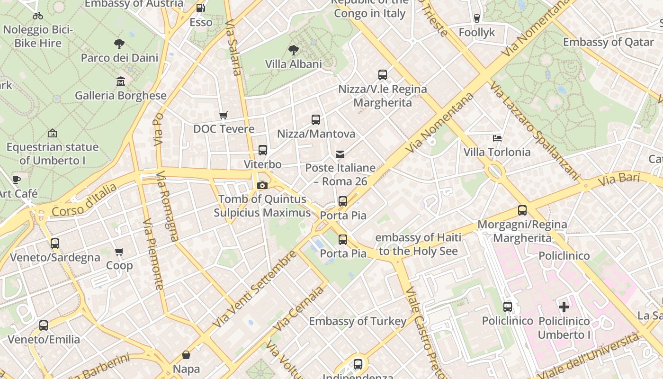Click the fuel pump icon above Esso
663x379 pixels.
pos(200,8)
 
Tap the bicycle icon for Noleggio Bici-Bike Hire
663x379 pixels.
pos(38,16)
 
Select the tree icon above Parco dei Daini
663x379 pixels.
pos(119,44)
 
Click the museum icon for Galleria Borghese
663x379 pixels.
pos(121,81)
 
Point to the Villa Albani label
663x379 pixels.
pos(293,64)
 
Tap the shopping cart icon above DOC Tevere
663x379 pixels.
pos(224,115)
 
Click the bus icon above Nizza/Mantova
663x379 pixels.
pos(316,120)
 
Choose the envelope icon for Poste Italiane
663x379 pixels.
pos(340,154)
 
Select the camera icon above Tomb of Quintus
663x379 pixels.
pos(262,185)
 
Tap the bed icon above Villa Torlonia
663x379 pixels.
pos(497,138)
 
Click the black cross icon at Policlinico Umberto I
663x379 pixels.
pos(564,307)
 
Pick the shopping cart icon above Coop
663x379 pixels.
pos(119,252)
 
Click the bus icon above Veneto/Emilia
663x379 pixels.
pos(44,325)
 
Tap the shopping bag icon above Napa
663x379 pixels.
pos(186,355)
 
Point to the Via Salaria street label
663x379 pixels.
pos(233,47)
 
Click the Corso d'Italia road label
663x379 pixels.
pos(84,200)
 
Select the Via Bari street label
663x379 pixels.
pos(619,180)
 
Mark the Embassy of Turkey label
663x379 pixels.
pos(358,321)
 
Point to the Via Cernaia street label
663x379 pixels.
pos(299,308)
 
